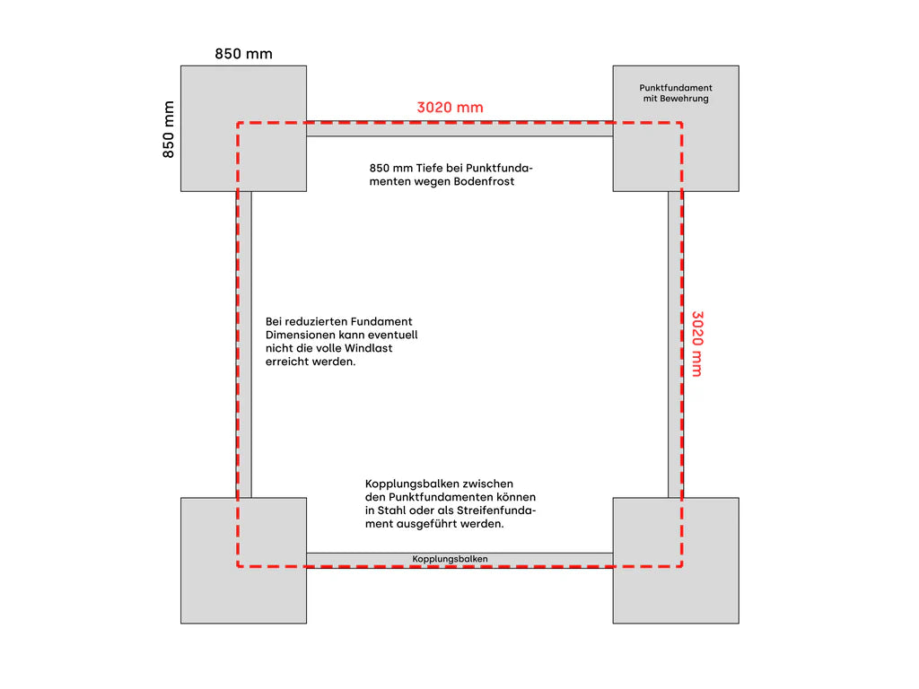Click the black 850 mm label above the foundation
pos(243,54)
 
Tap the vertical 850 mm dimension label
pos(168,129)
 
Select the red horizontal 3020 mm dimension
pos(451,108)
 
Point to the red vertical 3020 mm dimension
pos(697,344)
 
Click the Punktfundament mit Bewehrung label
pos(676,93)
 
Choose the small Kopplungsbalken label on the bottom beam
pos(450,559)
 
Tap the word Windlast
pos(369,348)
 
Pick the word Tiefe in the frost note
pos(430,168)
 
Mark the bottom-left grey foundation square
pos(244,561)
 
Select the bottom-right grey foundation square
pos(676,561)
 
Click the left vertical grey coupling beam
pos(244,344)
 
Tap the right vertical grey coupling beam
pos(675,344)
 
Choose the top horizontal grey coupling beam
pos(459,129)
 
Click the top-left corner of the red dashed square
pos(237,123)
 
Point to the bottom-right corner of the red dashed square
pos(682,566)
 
